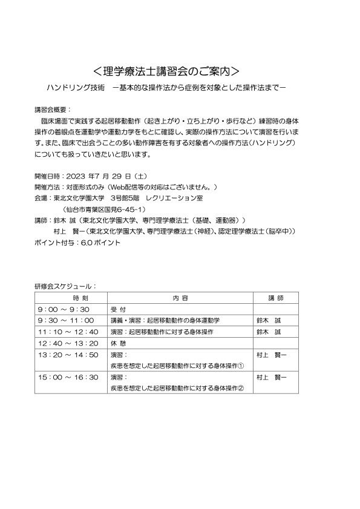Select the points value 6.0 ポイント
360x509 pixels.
tap(100, 242)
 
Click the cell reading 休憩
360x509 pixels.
tap(117, 343)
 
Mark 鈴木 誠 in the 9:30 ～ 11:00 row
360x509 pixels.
tap(269, 321)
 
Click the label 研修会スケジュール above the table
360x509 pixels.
tap(65, 286)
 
